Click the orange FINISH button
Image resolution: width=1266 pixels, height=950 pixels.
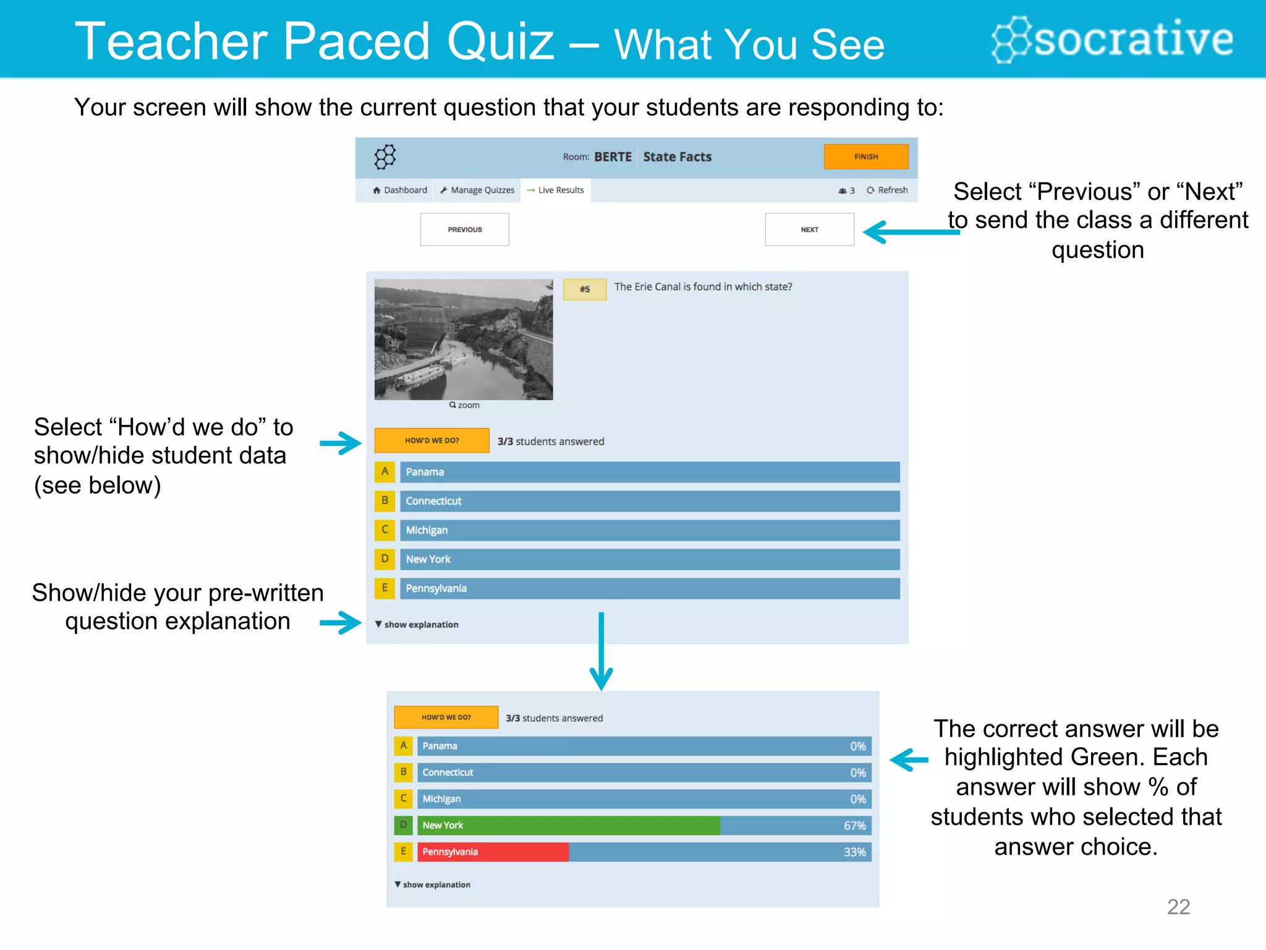tap(865, 156)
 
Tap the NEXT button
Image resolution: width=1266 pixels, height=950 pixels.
tap(809, 229)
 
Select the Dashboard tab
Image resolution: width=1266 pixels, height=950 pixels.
tap(400, 190)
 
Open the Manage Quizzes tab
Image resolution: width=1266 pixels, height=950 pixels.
tap(477, 190)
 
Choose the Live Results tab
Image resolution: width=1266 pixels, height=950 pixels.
tap(556, 190)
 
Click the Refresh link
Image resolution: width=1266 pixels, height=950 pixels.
tap(888, 190)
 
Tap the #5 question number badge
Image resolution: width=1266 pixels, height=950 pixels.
tap(584, 289)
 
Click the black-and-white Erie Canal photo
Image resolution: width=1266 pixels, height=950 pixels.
tap(464, 339)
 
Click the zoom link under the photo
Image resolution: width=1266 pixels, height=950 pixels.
tap(465, 405)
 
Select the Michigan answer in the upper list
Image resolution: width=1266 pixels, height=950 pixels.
tap(649, 530)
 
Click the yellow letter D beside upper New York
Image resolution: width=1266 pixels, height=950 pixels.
tap(384, 559)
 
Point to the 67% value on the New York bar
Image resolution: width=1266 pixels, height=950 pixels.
tap(854, 826)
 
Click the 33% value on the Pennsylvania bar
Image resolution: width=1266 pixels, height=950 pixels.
tap(854, 852)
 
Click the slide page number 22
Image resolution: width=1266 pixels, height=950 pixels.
tap(1178, 907)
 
